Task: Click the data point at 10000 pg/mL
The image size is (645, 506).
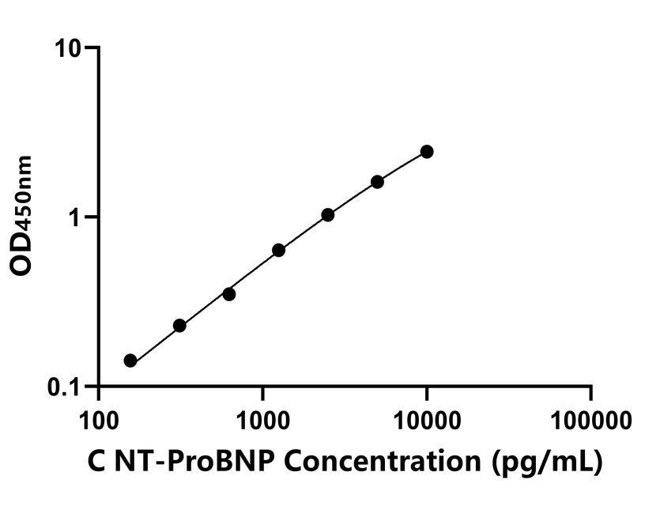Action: pyautogui.click(x=427, y=151)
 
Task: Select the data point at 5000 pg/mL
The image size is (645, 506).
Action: pyautogui.click(x=377, y=182)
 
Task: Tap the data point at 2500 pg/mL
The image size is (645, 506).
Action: pyautogui.click(x=328, y=214)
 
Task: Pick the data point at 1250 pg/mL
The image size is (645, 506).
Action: pyautogui.click(x=278, y=250)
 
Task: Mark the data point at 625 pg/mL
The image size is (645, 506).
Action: pyautogui.click(x=229, y=294)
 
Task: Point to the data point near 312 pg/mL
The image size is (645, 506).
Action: pyautogui.click(x=179, y=326)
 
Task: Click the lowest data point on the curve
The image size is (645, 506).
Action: pyautogui.click(x=130, y=361)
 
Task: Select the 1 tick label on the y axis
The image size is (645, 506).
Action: pyautogui.click(x=77, y=217)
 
